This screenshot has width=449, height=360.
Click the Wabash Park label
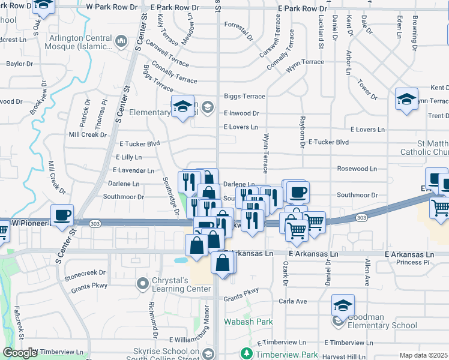tap(249, 322)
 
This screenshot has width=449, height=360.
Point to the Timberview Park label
tap(286, 355)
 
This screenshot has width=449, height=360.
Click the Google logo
tap(20, 353)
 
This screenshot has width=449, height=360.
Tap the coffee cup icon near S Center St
tap(62, 217)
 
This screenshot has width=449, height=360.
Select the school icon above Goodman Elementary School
tap(343, 306)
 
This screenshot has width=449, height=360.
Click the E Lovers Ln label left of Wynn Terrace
tap(240, 127)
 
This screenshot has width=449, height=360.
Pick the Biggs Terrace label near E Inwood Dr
tap(240, 96)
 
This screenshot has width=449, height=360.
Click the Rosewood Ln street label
tap(357, 169)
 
